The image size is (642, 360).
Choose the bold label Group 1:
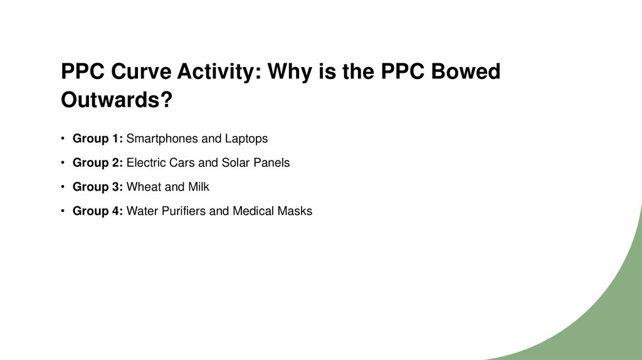(x=98, y=139)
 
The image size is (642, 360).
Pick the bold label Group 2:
(x=98, y=163)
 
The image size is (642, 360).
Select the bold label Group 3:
(x=98, y=187)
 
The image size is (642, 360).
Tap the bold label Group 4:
(x=98, y=211)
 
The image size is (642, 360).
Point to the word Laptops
(x=246, y=139)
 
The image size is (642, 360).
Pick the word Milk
(x=198, y=187)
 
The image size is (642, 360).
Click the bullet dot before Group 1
(x=63, y=139)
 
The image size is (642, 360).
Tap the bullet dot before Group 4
(x=63, y=211)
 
